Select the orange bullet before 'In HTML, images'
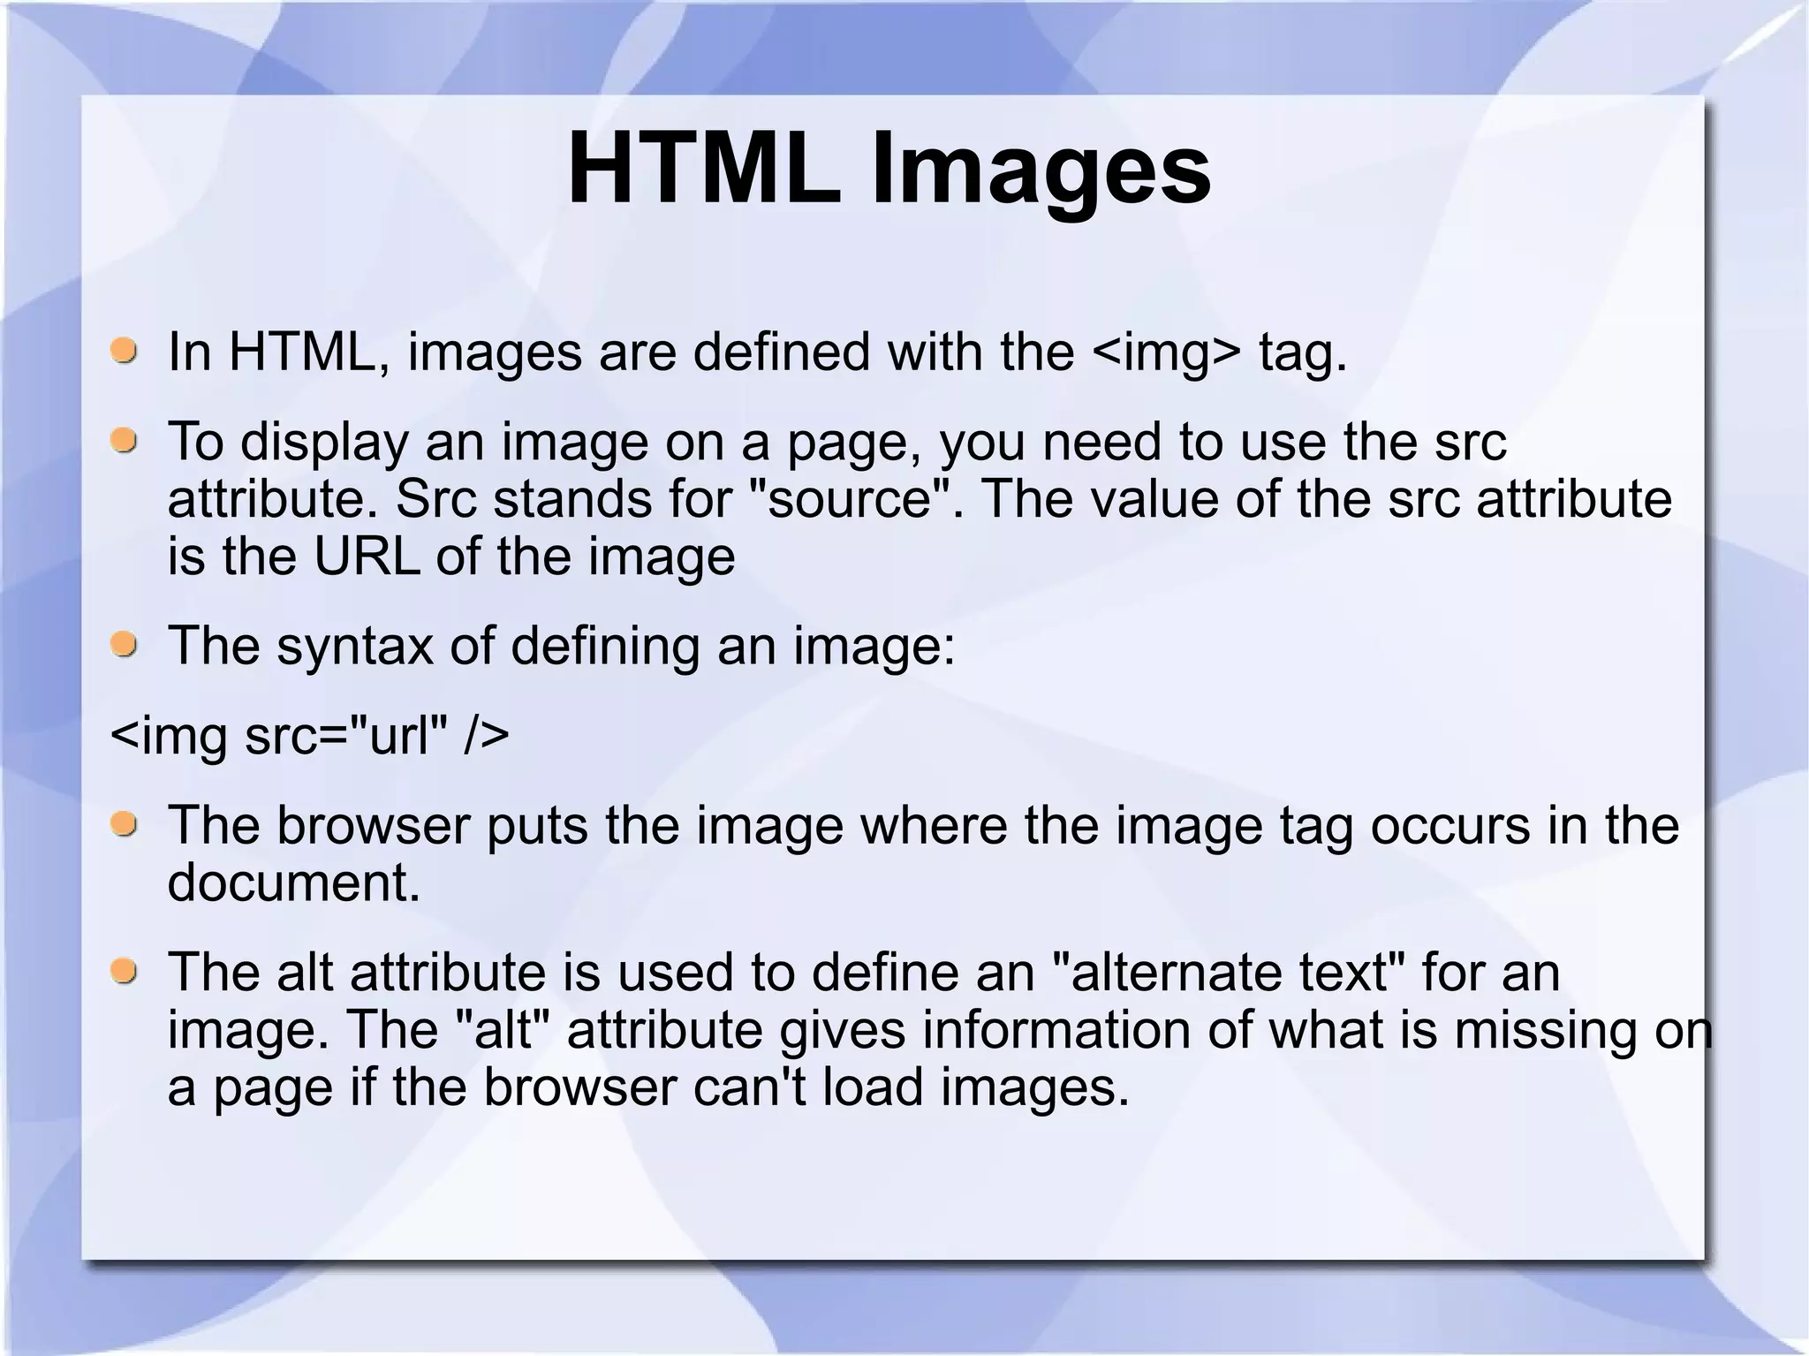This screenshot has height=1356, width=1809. pyautogui.click(x=125, y=349)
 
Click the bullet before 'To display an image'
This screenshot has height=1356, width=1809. pyautogui.click(x=125, y=439)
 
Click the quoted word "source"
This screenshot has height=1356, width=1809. pyautogui.click(x=849, y=499)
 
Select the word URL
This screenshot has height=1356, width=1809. pyautogui.click(x=367, y=557)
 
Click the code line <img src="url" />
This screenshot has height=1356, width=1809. pyautogui.click(x=310, y=735)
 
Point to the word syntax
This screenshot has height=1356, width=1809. pyautogui.click(x=355, y=647)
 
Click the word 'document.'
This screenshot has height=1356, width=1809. pyautogui.click(x=294, y=882)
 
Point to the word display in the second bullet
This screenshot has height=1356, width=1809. pyautogui.click(x=324, y=443)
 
